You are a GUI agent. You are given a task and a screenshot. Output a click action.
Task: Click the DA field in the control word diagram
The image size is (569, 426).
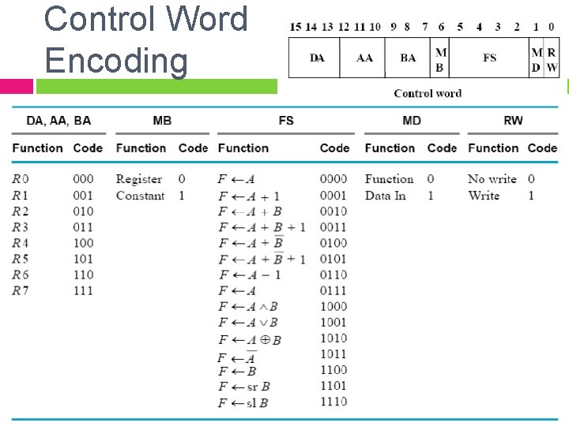[x=316, y=58]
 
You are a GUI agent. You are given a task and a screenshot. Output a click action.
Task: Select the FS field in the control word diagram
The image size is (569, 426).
[x=489, y=58]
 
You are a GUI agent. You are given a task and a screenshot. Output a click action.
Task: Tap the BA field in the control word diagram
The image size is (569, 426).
[x=408, y=58]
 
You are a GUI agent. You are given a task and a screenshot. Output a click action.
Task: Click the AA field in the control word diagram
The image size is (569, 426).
[x=364, y=58]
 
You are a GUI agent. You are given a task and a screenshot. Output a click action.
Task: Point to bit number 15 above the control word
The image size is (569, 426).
[x=296, y=27]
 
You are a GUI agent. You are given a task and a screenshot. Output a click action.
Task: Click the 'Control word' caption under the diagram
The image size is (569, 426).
[x=428, y=93]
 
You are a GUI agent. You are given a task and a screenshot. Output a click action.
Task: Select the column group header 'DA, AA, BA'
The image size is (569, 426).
[x=58, y=121]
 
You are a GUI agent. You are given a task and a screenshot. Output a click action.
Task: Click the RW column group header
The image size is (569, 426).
[x=513, y=121]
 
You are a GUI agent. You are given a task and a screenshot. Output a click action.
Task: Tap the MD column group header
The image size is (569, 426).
[x=412, y=121]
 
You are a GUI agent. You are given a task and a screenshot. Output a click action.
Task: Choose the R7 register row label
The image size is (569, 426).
[x=20, y=290]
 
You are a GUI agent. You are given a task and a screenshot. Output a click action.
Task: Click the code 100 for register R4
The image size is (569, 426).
[x=83, y=243]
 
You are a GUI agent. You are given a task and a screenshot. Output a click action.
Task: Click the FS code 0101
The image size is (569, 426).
[x=333, y=259]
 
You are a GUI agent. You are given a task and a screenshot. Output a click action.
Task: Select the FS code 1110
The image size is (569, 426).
[x=333, y=402]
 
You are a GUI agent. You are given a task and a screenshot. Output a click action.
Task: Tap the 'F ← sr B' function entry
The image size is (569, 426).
[x=244, y=387]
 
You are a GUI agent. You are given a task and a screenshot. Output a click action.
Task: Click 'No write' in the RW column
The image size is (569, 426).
[x=492, y=179]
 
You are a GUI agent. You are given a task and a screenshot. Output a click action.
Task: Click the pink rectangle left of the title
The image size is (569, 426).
[x=17, y=86]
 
